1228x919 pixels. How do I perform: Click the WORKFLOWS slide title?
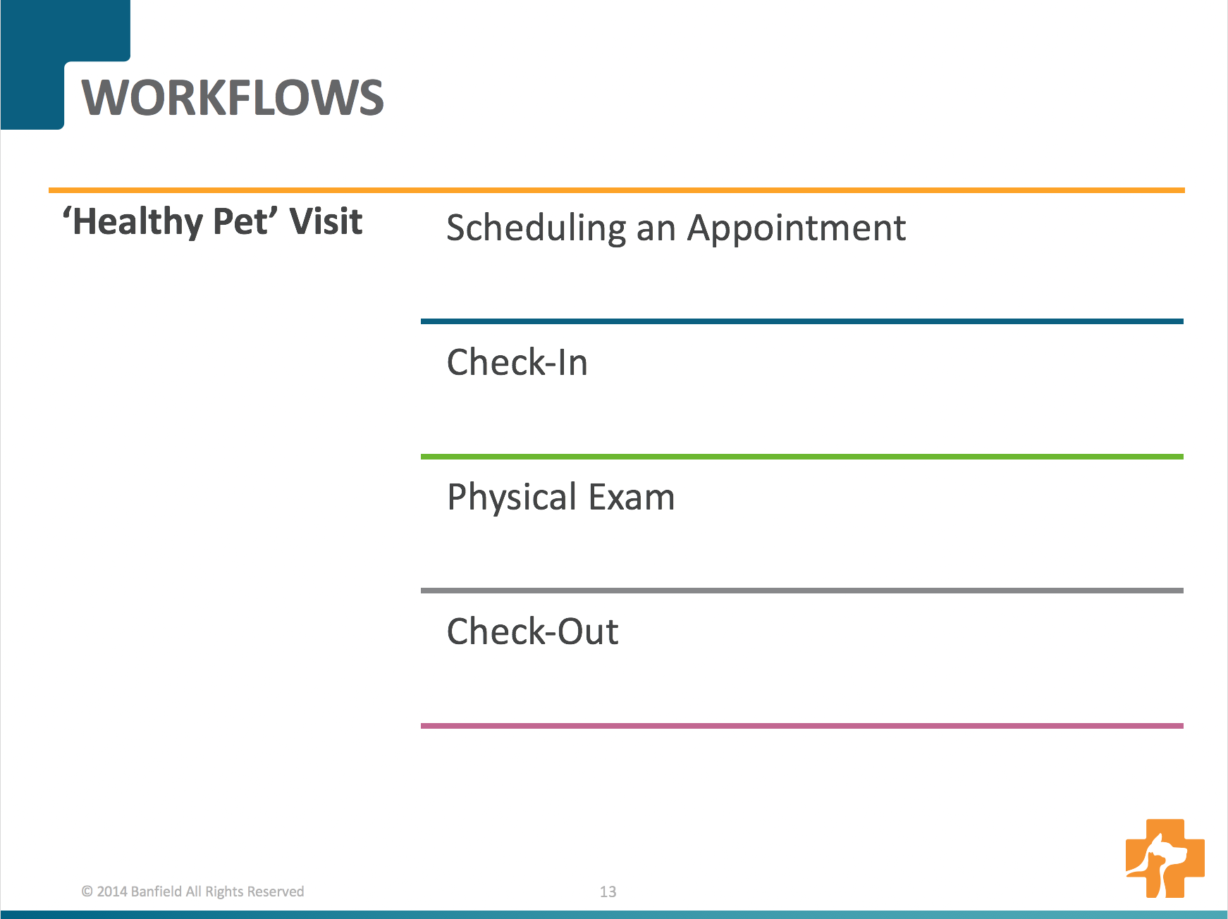click(x=233, y=97)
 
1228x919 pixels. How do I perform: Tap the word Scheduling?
click(x=536, y=229)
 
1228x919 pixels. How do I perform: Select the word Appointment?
click(x=797, y=229)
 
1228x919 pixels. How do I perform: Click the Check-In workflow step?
click(x=517, y=362)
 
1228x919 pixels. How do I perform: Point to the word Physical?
click(x=512, y=498)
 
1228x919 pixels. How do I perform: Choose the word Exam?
click(x=632, y=497)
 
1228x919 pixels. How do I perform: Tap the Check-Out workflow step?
click(x=533, y=631)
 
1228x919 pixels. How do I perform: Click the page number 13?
click(x=608, y=892)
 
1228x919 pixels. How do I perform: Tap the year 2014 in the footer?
click(x=112, y=892)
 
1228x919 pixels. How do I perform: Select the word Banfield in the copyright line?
click(x=156, y=892)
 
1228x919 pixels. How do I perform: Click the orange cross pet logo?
click(x=1165, y=858)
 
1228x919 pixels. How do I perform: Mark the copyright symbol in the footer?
click(x=87, y=892)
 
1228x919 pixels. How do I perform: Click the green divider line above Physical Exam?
click(x=802, y=457)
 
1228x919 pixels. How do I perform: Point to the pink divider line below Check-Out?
click(x=802, y=726)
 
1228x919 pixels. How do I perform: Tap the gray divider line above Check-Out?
click(x=802, y=591)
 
